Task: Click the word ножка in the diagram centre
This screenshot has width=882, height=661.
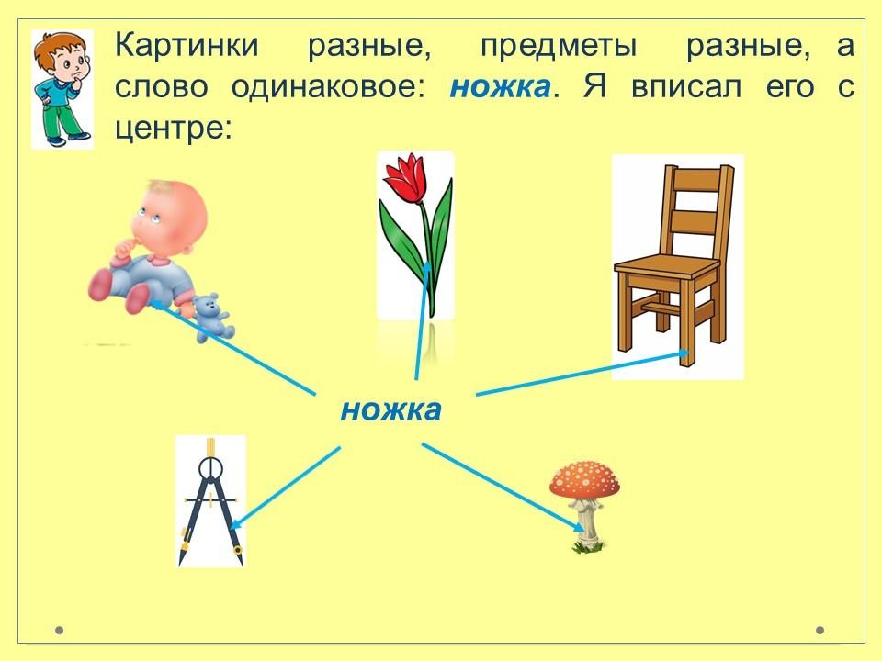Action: coord(391,410)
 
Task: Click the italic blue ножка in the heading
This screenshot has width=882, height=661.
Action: coord(500,87)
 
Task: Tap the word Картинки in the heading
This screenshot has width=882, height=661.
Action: coord(187,45)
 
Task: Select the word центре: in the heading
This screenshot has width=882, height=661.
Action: coord(174,129)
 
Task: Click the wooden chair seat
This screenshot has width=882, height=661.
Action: coord(667,266)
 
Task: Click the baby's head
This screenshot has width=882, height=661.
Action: coord(169,217)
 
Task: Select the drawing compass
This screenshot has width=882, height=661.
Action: coord(211,501)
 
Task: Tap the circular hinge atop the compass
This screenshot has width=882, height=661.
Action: coord(211,467)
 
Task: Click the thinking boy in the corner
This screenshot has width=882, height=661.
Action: coord(62,89)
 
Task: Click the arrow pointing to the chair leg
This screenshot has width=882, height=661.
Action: coord(582,374)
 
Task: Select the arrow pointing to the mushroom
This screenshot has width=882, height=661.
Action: coord(503,487)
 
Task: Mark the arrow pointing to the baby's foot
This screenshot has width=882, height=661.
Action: coord(232,347)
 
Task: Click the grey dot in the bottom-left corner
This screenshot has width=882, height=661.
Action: coord(59,630)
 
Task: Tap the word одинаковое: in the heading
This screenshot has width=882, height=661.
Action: coord(329,87)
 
